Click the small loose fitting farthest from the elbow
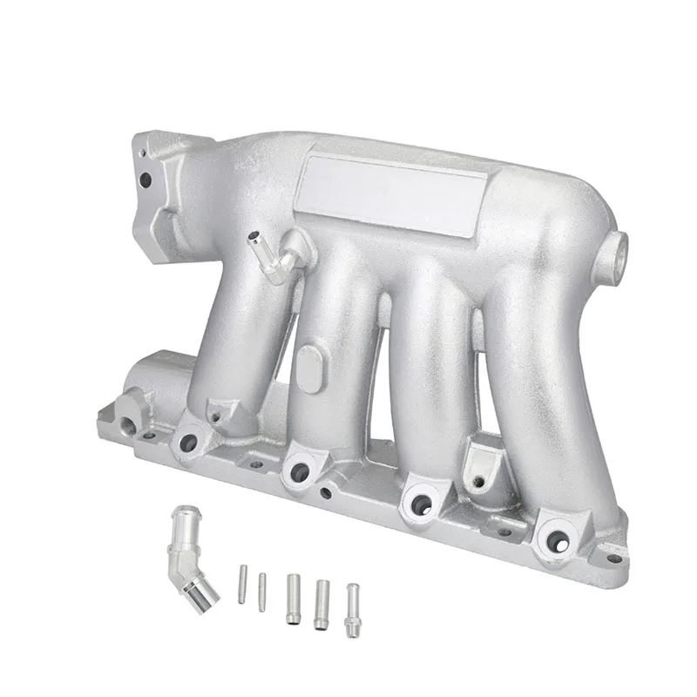pos(352,609)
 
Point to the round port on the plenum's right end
pos(620,248)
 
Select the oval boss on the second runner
pos(308,366)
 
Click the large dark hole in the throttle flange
pos(145,180)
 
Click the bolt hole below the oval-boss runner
pos(299,472)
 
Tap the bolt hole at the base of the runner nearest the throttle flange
pos(186,443)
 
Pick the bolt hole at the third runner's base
pos(422,504)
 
